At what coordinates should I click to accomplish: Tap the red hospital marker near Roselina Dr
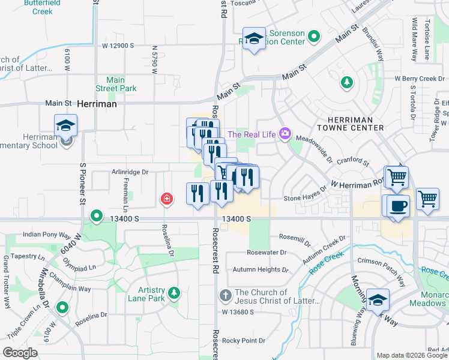pyautogui.click(x=166, y=199)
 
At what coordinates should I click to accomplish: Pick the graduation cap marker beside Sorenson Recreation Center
pyautogui.click(x=254, y=40)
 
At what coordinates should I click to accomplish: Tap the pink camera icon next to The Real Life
pyautogui.click(x=285, y=134)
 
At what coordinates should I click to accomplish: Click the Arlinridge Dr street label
pyautogui.click(x=130, y=172)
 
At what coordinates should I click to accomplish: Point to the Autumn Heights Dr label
pyautogui.click(x=256, y=270)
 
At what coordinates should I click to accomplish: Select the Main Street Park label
pyautogui.click(x=121, y=84)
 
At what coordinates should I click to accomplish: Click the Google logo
pyautogui.click(x=20, y=353)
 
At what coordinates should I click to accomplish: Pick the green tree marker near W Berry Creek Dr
pyautogui.click(x=346, y=82)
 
